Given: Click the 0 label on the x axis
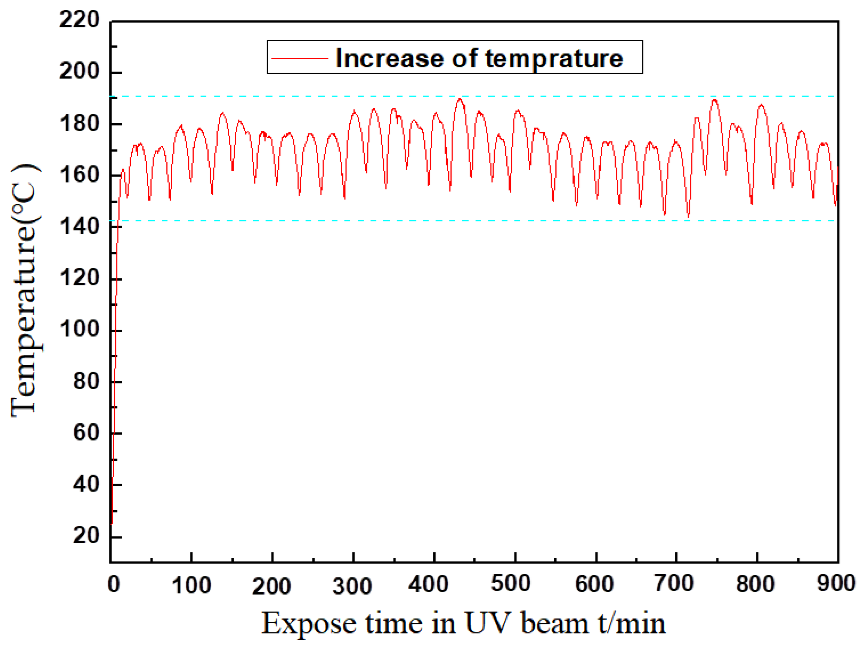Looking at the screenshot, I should (113, 585).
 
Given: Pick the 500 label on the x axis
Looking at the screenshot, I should (510, 584).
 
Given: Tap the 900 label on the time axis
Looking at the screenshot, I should (836, 584).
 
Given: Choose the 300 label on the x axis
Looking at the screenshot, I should (352, 586).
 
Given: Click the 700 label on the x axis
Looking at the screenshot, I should (674, 584).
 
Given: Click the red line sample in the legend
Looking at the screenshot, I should (300, 58).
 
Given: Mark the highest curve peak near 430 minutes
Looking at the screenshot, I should (460, 99).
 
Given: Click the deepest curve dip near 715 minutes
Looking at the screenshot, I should (688, 216).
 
